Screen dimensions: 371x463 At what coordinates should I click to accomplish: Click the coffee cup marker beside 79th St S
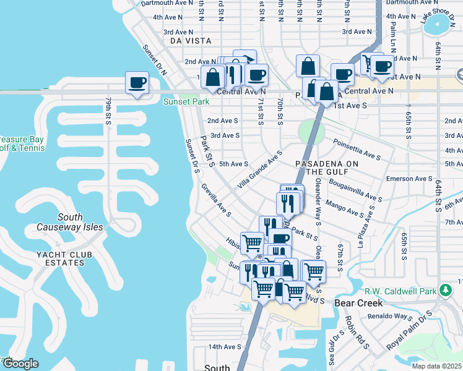pos(137,83)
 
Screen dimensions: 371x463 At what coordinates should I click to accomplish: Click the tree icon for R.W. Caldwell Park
pos(445,290)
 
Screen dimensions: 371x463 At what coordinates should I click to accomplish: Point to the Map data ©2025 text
pos(436,366)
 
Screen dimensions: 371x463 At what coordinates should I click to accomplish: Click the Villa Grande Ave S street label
pos(260,169)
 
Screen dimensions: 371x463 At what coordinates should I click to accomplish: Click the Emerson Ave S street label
pos(409,179)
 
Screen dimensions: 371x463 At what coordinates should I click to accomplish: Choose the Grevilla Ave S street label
pos(215,201)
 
